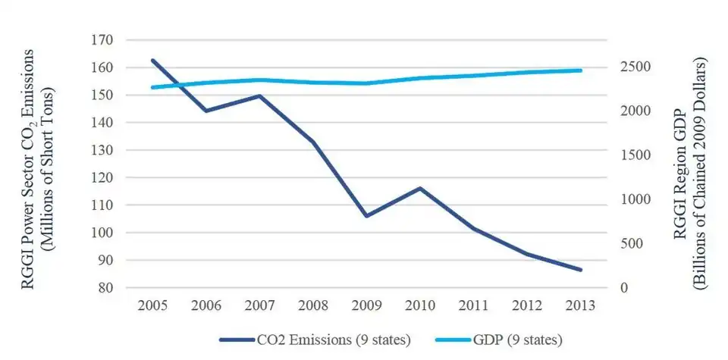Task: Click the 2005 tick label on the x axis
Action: coord(153,306)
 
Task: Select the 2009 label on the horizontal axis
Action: coord(367,306)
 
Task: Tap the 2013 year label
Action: coord(580,306)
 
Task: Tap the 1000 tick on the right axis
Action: coord(633,199)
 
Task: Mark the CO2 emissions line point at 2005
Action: coord(153,60)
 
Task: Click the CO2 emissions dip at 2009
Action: coord(367,216)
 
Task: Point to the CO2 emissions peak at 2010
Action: coord(420,188)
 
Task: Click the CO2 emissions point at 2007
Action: coord(260,95)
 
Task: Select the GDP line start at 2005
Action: coord(153,87)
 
